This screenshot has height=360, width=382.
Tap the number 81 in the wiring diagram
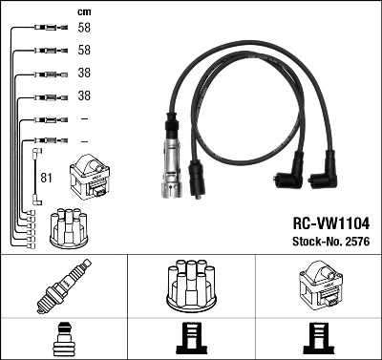(x=47, y=177)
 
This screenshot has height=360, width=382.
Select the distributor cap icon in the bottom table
(x=190, y=287)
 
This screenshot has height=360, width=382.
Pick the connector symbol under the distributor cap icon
(x=190, y=340)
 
